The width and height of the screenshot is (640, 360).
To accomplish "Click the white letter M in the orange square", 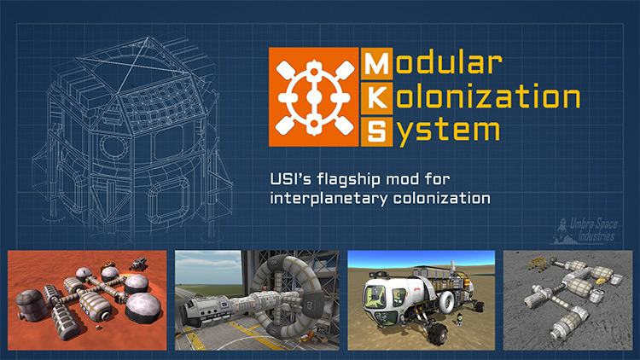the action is point(376,64).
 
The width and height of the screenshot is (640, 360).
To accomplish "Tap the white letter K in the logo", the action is point(376,98).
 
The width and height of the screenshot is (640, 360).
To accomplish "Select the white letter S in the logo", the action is point(376,131).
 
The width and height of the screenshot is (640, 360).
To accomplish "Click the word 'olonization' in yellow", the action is point(488,96).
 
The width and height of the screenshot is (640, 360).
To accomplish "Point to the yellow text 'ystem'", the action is point(448,131).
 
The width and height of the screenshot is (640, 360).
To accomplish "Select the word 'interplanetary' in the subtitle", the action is point(329,199).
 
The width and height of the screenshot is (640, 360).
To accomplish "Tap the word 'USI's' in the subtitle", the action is point(291,179).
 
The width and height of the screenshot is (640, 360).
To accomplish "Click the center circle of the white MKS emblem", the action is point(313,97).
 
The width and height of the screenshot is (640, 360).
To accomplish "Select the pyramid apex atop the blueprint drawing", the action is point(149,38).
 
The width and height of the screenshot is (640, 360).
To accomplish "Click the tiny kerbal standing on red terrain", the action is point(98,327).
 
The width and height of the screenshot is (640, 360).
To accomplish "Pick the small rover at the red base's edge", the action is point(138,264).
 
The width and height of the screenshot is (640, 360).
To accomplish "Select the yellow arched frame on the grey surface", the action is point(538,264).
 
